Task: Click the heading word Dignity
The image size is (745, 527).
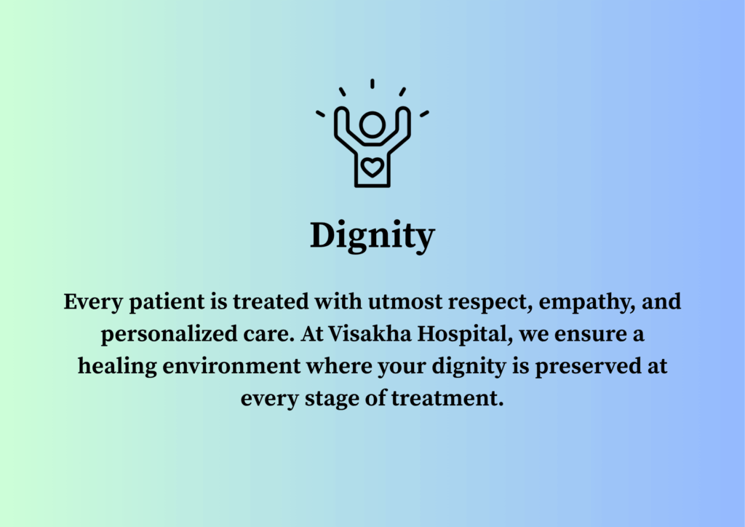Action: (372, 236)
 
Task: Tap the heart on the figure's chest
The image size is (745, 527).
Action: (372, 167)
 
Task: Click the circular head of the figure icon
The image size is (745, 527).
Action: (372, 125)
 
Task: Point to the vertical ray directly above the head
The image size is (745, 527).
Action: (372, 84)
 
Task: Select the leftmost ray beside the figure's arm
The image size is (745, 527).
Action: (320, 114)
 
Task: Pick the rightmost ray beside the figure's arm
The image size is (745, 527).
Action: (424, 114)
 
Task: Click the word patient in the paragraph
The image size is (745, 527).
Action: (167, 302)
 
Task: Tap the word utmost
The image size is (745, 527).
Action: (405, 302)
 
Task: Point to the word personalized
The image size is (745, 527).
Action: (169, 335)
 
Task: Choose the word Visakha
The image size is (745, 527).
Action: (370, 333)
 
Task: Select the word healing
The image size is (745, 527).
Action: (117, 367)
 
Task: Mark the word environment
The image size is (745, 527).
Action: (232, 366)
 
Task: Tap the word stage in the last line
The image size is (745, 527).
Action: (332, 399)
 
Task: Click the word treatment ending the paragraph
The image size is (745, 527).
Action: (447, 398)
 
